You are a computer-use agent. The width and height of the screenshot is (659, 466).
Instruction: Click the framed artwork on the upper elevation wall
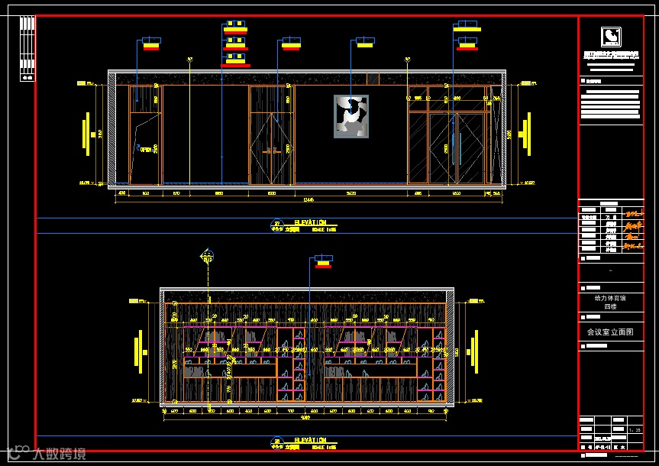(x=350, y=116)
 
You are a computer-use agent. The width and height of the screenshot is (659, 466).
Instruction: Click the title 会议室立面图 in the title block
(x=610, y=332)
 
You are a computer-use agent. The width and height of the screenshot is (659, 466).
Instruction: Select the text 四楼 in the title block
(x=610, y=306)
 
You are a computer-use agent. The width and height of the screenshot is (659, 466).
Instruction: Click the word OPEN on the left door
(x=145, y=150)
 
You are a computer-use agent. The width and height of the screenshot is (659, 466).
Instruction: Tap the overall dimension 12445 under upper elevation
(x=309, y=201)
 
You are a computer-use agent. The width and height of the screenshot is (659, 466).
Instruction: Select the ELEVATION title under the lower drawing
(x=310, y=440)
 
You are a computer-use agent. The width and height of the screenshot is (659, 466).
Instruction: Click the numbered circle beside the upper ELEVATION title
(x=276, y=225)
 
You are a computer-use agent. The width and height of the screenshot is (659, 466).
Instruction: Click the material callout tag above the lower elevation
(x=324, y=263)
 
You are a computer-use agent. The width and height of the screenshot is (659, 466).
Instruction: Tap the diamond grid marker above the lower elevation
(x=206, y=254)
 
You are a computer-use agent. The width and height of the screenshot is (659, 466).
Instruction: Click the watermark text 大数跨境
(x=58, y=454)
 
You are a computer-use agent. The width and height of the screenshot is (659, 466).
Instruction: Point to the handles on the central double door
(x=271, y=151)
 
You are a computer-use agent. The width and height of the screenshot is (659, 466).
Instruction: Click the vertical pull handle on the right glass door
(x=460, y=147)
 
